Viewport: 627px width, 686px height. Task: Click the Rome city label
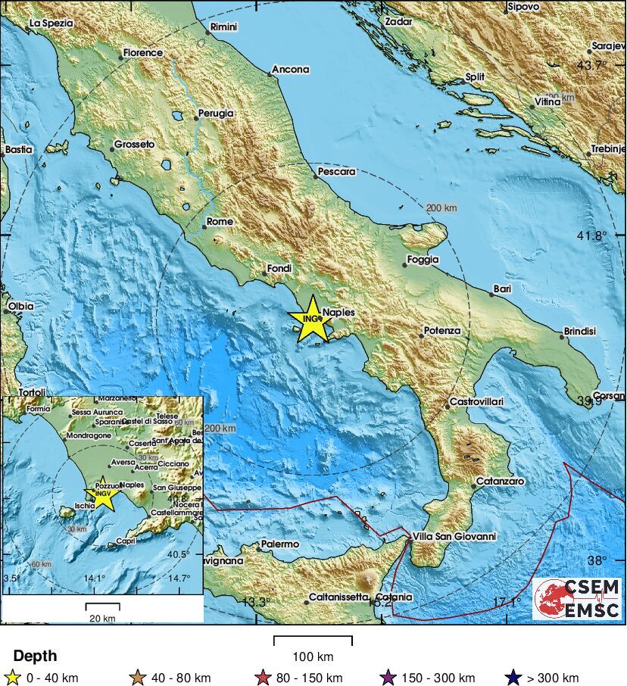(x=220, y=221)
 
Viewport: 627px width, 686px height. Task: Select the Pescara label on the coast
(x=337, y=171)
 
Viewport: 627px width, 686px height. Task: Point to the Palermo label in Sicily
(x=279, y=544)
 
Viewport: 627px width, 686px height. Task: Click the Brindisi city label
(x=579, y=332)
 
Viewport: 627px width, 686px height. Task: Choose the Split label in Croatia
(x=475, y=76)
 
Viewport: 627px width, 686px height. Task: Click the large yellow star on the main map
(x=312, y=320)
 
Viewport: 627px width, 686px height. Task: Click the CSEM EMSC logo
(x=577, y=598)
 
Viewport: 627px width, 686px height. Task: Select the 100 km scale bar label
(x=313, y=656)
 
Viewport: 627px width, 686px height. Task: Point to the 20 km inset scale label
(x=102, y=618)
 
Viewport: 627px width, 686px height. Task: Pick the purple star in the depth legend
(x=389, y=678)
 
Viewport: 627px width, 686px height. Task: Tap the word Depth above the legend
(x=35, y=656)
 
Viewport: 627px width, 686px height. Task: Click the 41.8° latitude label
(x=592, y=235)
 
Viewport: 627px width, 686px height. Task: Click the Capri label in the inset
(x=125, y=541)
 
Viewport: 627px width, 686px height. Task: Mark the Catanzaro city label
(x=500, y=482)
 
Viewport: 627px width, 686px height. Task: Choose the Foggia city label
(x=423, y=260)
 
